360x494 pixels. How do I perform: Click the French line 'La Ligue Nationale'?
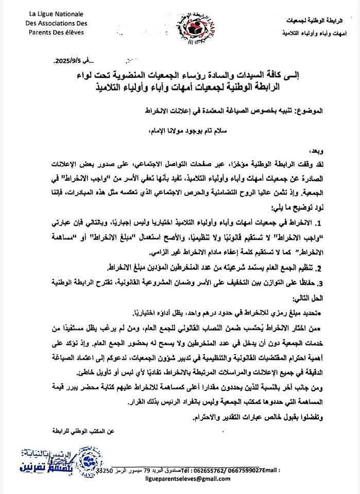click(57, 13)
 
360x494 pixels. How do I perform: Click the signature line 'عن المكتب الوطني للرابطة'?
click(82, 429)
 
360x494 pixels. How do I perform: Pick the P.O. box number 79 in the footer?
click(146, 471)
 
